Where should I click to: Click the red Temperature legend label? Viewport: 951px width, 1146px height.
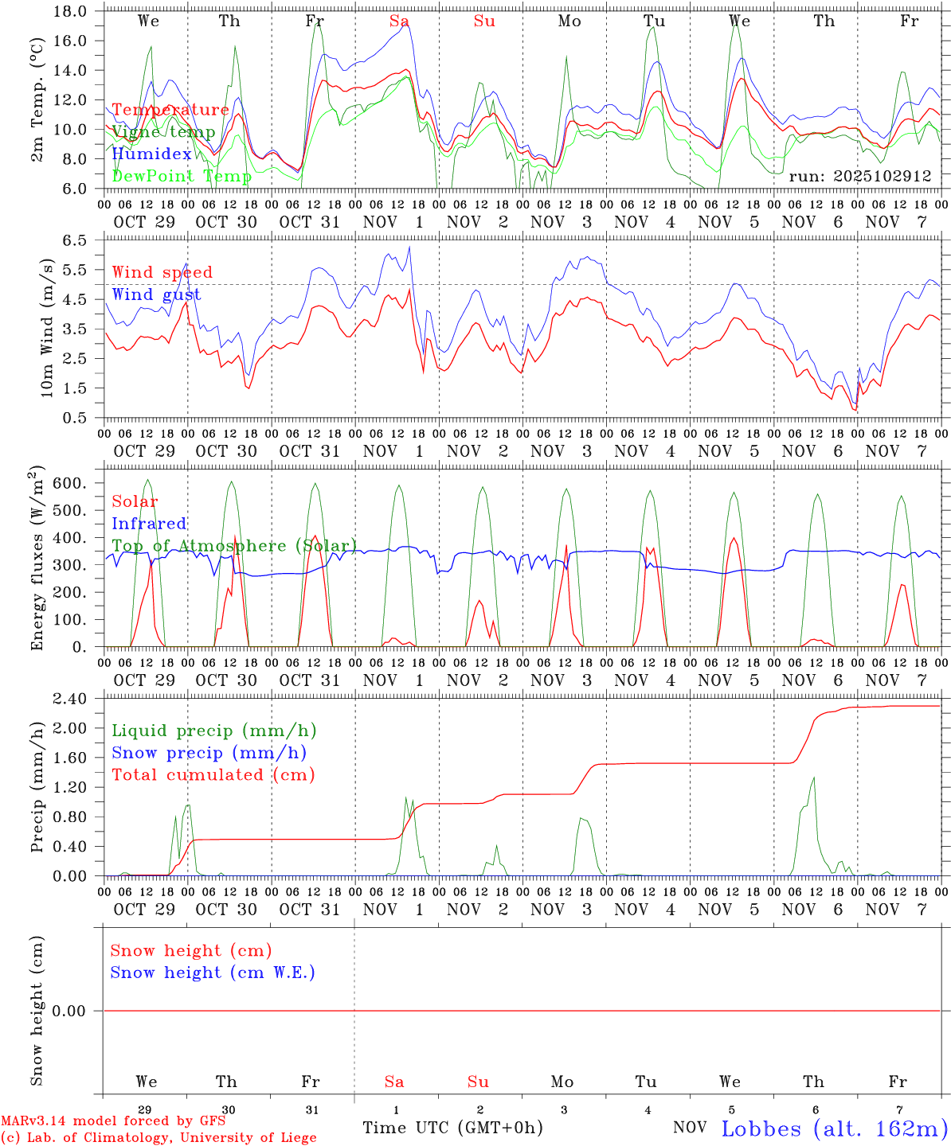pos(170,110)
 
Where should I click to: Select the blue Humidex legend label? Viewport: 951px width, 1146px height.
pos(151,154)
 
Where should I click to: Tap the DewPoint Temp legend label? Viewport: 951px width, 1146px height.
pos(182,176)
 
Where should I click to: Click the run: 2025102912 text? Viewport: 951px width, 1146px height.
pos(860,176)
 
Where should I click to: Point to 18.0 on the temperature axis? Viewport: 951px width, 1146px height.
pos(70,11)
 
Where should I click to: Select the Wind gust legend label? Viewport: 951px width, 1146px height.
pos(156,294)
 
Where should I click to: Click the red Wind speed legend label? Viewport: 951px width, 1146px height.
pos(162,272)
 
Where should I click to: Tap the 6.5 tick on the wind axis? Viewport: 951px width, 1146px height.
pos(75,240)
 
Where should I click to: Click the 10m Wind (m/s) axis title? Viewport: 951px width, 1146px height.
pos(47,327)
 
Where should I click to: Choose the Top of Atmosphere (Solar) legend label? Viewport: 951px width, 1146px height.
pos(234,546)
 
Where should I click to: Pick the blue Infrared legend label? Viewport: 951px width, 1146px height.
pos(149,524)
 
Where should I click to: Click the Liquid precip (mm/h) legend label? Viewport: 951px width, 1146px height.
pos(213,731)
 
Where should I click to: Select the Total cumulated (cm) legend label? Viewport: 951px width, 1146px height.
pos(213,775)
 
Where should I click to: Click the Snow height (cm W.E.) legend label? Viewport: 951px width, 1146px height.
pos(213,973)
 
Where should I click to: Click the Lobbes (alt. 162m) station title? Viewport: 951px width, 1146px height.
pos(834,1128)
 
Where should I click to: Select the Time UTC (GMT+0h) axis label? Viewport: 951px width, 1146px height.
pos(452,1128)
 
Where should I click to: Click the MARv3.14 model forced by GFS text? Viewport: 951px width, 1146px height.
pos(113,1121)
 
